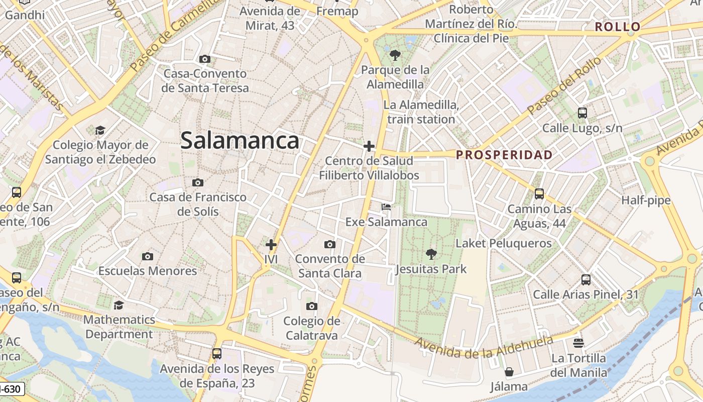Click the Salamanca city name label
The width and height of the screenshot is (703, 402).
240,140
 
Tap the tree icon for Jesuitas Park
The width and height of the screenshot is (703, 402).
431,254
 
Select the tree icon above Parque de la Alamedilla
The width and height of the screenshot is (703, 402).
395,55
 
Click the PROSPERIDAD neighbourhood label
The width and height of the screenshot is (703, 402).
504,155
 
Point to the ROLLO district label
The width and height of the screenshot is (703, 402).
618,27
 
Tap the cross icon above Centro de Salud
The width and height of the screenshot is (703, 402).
369,146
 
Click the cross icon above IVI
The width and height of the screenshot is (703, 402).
271,245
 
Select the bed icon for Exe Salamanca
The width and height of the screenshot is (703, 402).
386,207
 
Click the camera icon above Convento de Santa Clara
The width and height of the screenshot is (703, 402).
330,245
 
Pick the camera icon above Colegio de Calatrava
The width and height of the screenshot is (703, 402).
311,306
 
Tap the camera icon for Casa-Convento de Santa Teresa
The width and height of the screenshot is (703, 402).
204,59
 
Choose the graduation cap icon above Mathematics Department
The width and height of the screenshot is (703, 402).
119,305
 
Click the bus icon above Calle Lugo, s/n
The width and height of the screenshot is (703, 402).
582,113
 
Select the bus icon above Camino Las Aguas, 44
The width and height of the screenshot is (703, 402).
539,193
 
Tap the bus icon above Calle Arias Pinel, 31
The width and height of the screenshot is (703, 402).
585,280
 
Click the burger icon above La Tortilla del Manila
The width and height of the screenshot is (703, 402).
578,343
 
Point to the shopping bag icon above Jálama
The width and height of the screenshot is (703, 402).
509,372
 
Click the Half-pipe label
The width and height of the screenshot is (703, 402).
646,200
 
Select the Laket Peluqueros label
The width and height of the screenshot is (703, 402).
503,244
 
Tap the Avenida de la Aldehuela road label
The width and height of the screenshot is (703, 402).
484,347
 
